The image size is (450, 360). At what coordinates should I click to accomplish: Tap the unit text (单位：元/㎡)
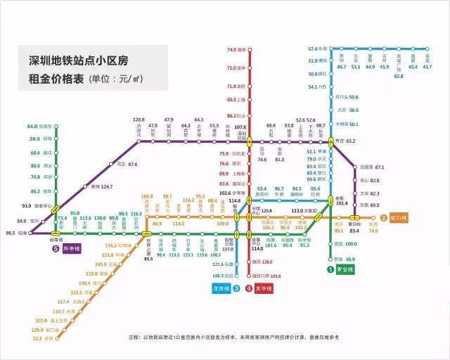click(x=123, y=78)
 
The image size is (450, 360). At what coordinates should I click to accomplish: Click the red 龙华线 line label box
click(x=262, y=288)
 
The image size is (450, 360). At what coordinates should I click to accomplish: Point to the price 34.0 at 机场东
click(x=32, y=126)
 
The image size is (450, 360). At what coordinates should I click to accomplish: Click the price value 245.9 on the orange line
click(x=96, y=264)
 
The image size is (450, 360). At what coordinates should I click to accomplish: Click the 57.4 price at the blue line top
click(x=313, y=49)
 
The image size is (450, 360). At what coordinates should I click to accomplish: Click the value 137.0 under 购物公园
click(x=228, y=249)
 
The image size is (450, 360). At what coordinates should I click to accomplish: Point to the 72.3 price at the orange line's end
click(x=37, y=337)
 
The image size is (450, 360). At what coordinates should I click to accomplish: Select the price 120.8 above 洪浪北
click(x=139, y=120)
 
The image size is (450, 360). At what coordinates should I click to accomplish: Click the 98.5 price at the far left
click(x=11, y=232)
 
